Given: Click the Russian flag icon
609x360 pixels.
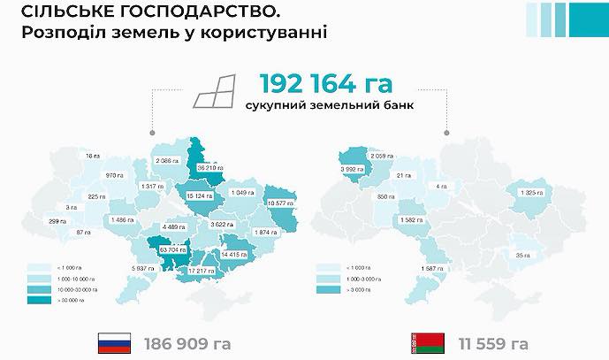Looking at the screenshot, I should click(x=114, y=342).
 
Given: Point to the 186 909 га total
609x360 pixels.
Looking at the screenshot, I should click(x=188, y=342).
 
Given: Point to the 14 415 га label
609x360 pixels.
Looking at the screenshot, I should click(x=238, y=254).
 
